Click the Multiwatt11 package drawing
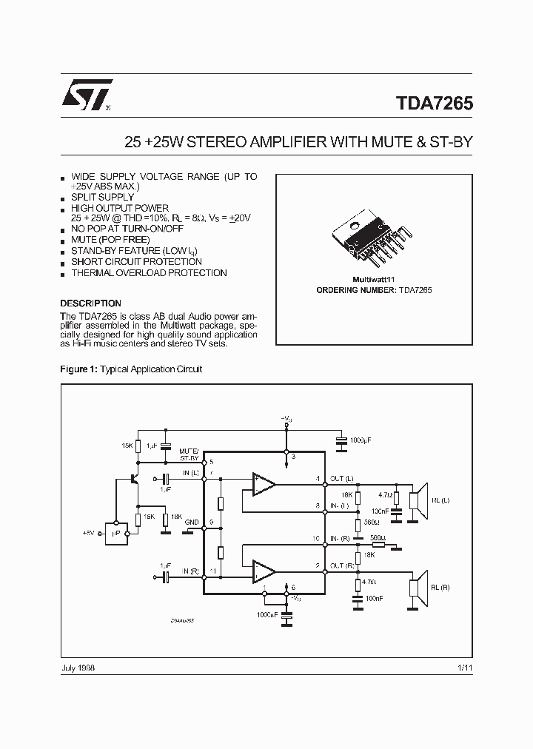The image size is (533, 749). coord(374,238)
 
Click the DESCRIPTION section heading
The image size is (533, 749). coord(90,303)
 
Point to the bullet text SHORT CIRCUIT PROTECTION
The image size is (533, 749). coord(136,262)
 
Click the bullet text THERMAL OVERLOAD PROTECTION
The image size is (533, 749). coord(149,273)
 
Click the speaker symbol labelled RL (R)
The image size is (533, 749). coord(420,587)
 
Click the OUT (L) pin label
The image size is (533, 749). coord(341,477)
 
